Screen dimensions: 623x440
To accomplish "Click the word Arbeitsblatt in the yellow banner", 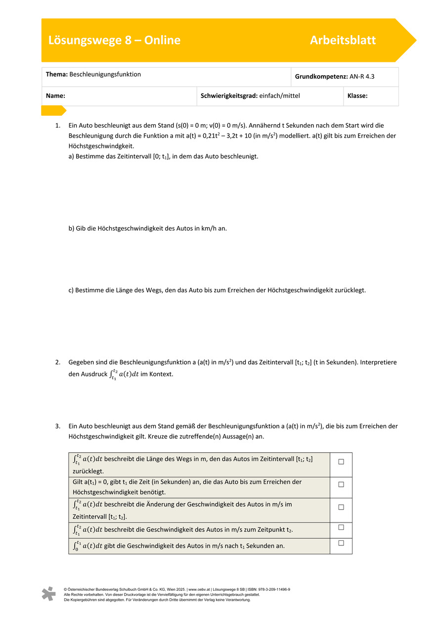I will [343, 41].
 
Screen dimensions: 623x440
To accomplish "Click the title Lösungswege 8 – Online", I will [114, 41].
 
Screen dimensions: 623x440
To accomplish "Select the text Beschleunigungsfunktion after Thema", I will [105, 74].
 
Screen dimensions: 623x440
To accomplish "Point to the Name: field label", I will [56, 96].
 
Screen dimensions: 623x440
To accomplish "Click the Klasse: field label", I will [357, 96].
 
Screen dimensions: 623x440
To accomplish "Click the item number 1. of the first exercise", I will [58, 126].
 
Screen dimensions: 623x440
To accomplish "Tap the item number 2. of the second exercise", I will [58, 362].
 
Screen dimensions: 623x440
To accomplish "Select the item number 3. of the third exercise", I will [58, 426].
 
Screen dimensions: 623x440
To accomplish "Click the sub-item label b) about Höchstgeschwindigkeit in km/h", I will [72, 228].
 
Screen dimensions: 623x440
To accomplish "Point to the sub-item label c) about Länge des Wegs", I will [72, 290].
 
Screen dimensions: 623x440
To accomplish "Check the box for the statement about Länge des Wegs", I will [341, 462].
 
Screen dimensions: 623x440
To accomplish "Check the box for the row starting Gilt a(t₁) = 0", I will [341, 484].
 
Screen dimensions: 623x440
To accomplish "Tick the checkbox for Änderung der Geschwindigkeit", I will [341, 507].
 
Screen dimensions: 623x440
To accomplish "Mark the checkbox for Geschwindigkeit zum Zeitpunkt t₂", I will [341, 527].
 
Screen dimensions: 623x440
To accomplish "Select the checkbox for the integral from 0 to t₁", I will [341, 543].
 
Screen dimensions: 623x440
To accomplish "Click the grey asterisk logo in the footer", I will [48, 594].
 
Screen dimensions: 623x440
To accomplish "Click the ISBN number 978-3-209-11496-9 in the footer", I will [271, 589].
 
